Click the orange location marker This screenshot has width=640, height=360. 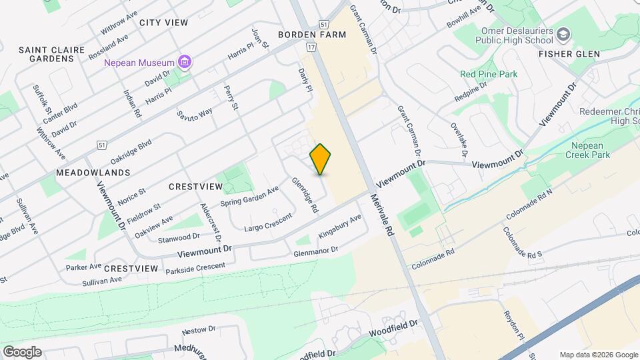coord(321,159)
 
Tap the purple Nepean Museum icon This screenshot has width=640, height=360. coord(185,63)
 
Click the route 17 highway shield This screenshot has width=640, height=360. coord(311,47)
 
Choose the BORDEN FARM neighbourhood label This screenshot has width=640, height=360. coord(312,35)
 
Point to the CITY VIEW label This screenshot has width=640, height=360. coord(163,23)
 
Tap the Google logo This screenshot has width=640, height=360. coord(22,351)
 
